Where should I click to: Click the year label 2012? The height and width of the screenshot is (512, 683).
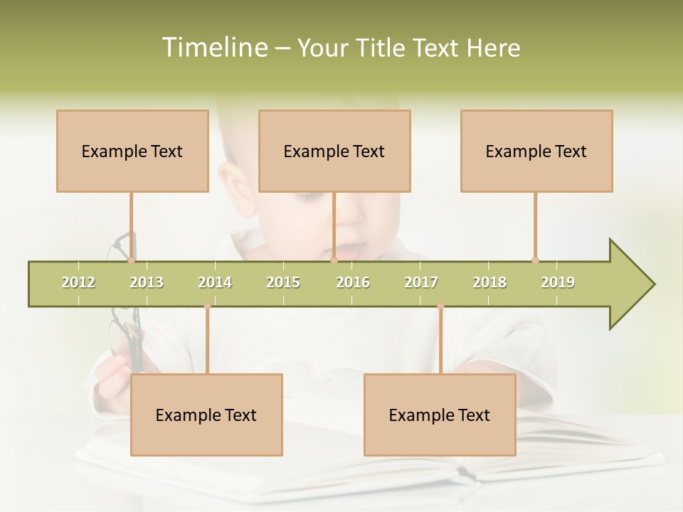[78, 282]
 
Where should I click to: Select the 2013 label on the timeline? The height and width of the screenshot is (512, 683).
[147, 282]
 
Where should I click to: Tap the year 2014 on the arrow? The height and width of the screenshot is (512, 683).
[215, 282]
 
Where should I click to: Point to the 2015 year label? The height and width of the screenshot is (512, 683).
[283, 282]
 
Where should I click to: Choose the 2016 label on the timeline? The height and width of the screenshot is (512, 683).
[353, 282]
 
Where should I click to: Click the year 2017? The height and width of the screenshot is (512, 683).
[421, 282]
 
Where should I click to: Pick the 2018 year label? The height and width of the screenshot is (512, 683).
[489, 282]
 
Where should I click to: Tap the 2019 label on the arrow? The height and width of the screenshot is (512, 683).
[558, 282]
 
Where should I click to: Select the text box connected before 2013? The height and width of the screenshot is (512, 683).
[132, 151]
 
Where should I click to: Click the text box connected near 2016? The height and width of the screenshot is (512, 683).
[334, 151]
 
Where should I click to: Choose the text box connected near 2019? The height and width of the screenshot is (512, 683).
[536, 151]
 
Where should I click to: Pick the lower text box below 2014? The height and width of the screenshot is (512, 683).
[206, 415]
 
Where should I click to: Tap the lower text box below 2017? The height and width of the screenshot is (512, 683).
[440, 415]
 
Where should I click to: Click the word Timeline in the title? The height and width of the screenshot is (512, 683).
[213, 48]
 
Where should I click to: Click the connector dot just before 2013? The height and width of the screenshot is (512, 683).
[132, 260]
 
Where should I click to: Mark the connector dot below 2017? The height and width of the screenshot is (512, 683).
[440, 306]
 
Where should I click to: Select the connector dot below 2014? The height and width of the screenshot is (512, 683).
[207, 306]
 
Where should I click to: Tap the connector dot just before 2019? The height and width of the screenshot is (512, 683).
[535, 260]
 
